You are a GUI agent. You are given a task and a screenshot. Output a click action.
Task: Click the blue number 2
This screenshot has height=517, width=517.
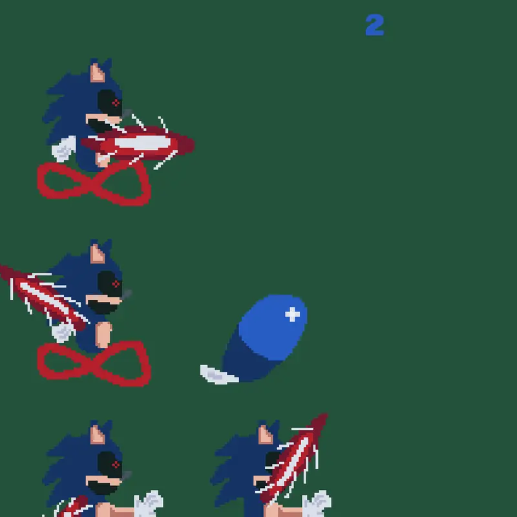375,25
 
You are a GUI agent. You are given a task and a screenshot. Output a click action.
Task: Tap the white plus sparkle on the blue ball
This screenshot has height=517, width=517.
293,314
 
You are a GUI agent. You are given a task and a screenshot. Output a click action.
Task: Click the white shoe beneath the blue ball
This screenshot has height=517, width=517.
219,375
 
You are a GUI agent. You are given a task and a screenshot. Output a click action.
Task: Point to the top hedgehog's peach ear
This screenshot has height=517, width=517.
98,73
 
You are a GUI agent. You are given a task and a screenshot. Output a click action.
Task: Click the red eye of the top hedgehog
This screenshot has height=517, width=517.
116,103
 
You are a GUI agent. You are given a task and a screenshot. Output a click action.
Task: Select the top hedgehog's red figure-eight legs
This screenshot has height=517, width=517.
94,184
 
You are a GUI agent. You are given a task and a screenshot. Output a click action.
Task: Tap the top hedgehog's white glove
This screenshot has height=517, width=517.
64,149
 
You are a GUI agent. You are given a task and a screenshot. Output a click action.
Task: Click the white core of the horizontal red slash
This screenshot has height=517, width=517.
142,143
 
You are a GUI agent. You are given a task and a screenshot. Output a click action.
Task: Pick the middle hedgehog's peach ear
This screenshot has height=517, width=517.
98,254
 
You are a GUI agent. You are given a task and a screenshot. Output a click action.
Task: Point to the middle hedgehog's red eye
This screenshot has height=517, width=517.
116,284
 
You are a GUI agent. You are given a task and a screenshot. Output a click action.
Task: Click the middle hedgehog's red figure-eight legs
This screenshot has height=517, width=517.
94,364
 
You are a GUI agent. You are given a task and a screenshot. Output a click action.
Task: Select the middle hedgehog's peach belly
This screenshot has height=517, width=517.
103,335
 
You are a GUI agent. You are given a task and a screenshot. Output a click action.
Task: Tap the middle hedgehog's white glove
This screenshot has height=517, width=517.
63,332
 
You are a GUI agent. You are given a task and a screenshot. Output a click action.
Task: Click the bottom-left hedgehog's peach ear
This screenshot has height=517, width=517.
98,434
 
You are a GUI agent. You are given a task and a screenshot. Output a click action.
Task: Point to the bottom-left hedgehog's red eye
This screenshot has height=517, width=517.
116,465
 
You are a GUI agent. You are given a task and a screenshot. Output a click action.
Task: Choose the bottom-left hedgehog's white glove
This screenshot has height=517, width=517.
149,503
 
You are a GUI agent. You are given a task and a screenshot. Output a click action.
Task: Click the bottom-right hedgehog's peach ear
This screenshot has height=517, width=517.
266,434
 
